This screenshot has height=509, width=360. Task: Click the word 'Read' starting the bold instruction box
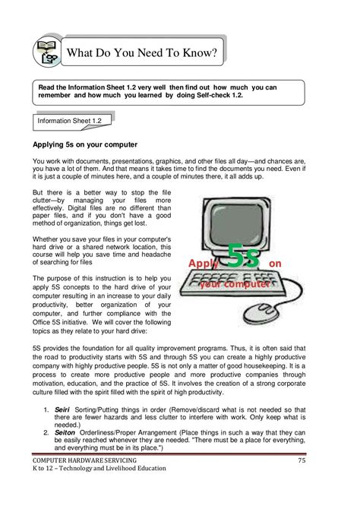coord(49,87)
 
